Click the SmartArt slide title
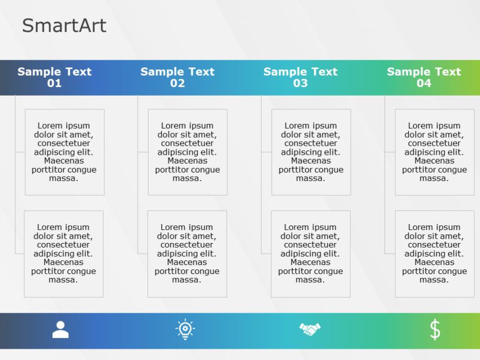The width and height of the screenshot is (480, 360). point(64,26)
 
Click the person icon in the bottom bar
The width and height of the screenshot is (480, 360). point(60,330)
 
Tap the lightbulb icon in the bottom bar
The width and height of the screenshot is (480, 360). point(185,330)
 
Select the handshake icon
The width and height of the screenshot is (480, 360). point(309,330)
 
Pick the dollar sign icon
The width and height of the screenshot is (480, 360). point(435,330)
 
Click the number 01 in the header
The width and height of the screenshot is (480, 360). point(55,84)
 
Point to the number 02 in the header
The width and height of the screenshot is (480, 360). point(177,84)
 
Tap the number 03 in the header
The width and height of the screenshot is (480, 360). point(300,84)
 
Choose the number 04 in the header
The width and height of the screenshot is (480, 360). point(424,84)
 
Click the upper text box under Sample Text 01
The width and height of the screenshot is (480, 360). point(65,152)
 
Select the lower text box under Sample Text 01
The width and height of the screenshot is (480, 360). point(64,254)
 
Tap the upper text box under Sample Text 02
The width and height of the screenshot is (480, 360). point(187,152)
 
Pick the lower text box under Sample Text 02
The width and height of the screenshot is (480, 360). point(187,254)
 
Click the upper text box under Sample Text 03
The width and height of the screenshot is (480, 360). point(311,152)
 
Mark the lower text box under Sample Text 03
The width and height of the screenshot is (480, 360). point(311,254)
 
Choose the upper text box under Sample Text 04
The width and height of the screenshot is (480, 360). point(434,152)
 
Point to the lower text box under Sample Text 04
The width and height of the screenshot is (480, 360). point(434,254)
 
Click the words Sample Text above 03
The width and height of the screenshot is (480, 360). point(300,71)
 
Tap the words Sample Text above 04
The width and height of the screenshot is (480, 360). point(424,71)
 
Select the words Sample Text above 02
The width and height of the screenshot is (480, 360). point(177,71)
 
